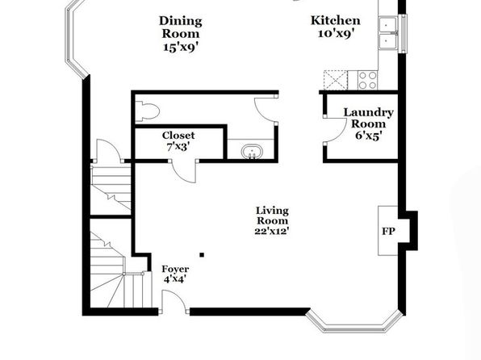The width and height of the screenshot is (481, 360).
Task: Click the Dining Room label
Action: pyautogui.click(x=181, y=27)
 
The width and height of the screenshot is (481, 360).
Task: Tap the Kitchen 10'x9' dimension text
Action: pyautogui.click(x=336, y=33)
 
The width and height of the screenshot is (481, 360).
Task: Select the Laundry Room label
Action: pyautogui.click(x=368, y=118)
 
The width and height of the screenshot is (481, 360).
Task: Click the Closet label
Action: pyautogui.click(x=178, y=135)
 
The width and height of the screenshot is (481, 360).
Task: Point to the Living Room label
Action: pyautogui.click(x=272, y=216)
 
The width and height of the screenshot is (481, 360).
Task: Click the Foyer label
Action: pyautogui.click(x=175, y=269)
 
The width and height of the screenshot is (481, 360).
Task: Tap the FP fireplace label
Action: pyautogui.click(x=388, y=231)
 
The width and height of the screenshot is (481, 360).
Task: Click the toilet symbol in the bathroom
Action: pyautogui.click(x=148, y=111)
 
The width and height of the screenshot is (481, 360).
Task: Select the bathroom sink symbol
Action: pyautogui.click(x=252, y=152)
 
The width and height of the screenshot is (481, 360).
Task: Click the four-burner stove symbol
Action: pyautogui.click(x=368, y=80)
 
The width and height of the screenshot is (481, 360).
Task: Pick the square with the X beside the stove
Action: pyautogui.click(x=335, y=80)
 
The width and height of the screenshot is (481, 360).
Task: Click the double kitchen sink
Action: pyautogui.click(x=387, y=33)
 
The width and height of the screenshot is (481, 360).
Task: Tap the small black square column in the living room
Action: pyautogui.click(x=202, y=255)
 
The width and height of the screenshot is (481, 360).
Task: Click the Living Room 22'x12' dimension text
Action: pyautogui.click(x=272, y=231)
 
